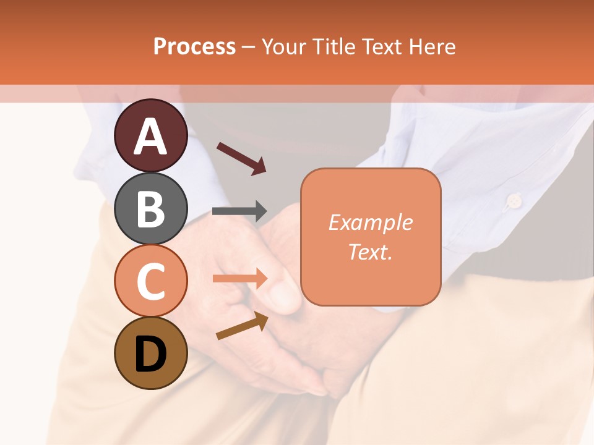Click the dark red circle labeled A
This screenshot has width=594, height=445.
(x=151, y=135)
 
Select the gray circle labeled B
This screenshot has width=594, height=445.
(x=151, y=208)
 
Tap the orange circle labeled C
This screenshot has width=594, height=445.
(x=151, y=281)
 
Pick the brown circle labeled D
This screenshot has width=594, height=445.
(x=151, y=353)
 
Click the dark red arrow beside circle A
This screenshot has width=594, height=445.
(x=241, y=158)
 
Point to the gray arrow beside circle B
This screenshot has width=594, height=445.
(x=239, y=211)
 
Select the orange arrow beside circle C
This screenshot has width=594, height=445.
(x=239, y=278)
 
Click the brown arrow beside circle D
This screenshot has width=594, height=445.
(x=241, y=325)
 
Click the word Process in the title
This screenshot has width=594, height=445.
(x=194, y=46)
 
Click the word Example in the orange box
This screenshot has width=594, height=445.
(x=370, y=222)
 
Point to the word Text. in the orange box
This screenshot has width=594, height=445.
(x=370, y=252)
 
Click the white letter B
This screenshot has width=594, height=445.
(x=151, y=208)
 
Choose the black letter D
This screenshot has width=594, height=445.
(x=151, y=354)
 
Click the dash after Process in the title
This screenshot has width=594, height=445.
(x=249, y=47)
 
